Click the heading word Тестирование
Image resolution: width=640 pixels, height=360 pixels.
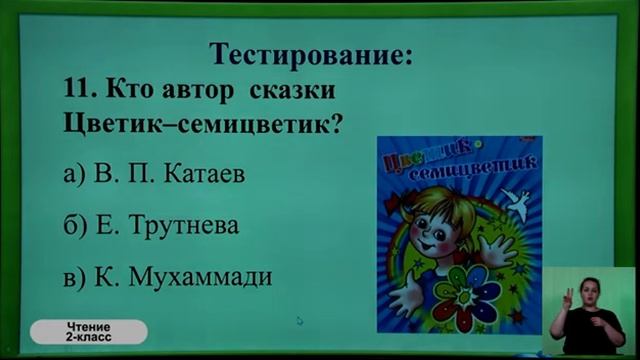pyautogui.click(x=309, y=54)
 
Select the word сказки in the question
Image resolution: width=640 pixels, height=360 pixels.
pyautogui.click(x=293, y=90)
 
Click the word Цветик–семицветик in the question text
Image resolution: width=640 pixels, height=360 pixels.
pyautogui.click(x=195, y=127)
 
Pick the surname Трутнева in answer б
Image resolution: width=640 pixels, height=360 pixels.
pyautogui.click(x=185, y=225)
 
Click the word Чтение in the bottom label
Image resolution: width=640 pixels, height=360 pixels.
pyautogui.click(x=90, y=327)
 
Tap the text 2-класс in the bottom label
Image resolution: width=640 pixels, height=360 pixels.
pyautogui.click(x=90, y=338)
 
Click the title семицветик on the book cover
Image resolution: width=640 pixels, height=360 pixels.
pyautogui.click(x=480, y=167)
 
